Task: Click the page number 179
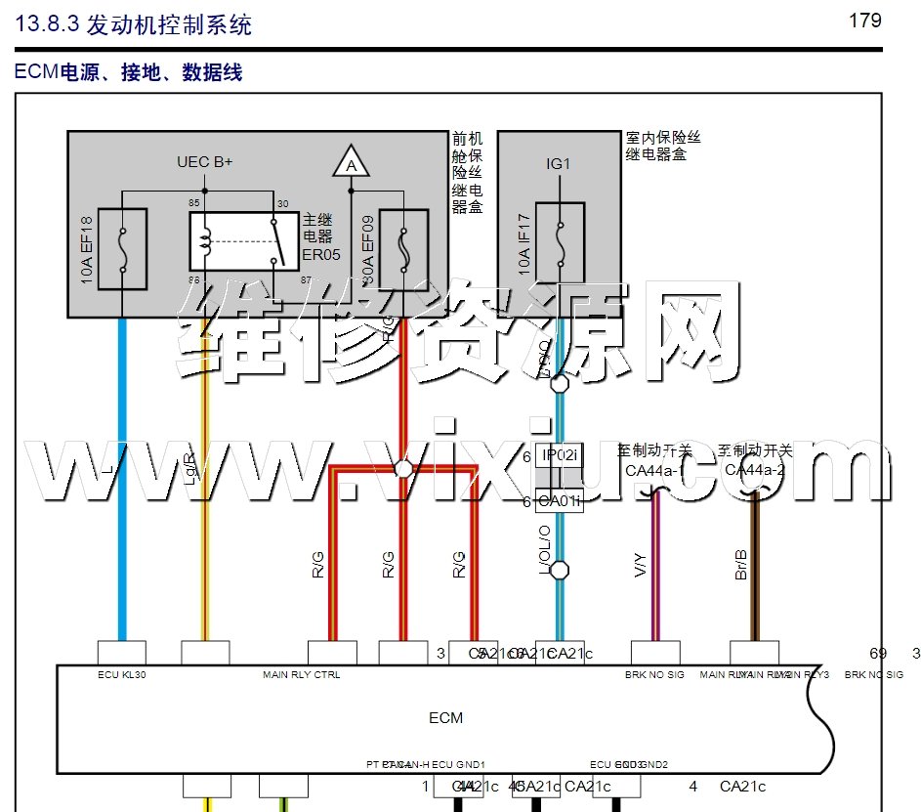pos(865,21)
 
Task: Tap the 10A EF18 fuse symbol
pos(122,249)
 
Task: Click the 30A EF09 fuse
pos(402,250)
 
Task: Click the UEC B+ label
pos(204,161)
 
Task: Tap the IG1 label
pos(558,164)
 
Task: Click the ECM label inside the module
pos(445,718)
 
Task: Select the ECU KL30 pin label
pos(122,675)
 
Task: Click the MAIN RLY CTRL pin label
pos(302,675)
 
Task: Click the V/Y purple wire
pos(655,567)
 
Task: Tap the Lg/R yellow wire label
pos(190,469)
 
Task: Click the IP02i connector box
pos(561,455)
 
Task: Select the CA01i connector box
pos(561,502)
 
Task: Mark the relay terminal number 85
pos(195,202)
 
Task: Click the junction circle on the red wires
pos(402,470)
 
